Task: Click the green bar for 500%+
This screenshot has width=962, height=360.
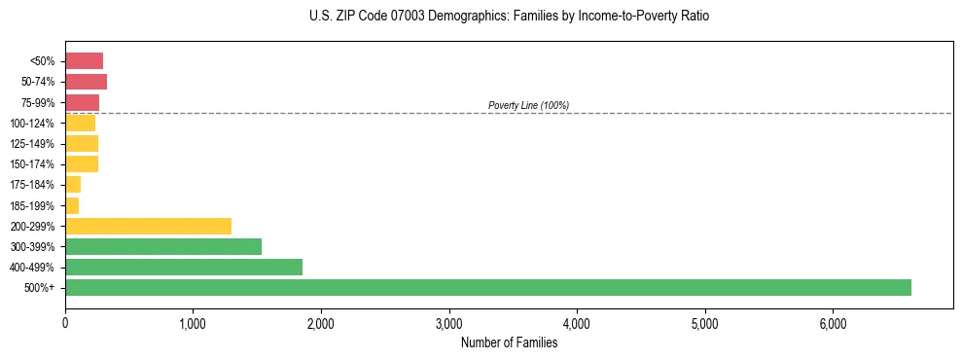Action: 486,287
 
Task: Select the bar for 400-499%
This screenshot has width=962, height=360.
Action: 184,267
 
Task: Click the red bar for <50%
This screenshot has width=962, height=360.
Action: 84,61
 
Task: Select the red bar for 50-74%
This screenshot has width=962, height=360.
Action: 86,82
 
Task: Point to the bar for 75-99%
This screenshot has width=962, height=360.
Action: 82,102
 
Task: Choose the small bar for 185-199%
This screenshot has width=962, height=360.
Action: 72,205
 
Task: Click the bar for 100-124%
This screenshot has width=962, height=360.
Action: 80,123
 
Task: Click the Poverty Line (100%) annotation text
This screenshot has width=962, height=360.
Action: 528,105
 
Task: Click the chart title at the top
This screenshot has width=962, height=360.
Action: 509,17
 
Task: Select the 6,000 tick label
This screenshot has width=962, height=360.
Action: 833,323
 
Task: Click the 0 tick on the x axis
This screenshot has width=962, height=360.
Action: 65,323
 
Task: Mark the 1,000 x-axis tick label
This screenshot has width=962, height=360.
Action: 193,323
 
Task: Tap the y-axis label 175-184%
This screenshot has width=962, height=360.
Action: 32,185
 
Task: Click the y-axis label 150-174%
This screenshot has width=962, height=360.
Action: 32,164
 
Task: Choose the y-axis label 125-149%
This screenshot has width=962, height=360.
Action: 32,144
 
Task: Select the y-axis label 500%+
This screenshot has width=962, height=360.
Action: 38,288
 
